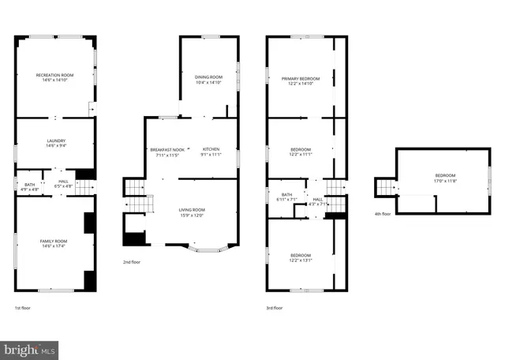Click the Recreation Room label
point(54,75)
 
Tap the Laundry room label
point(54,141)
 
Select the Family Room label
point(54,240)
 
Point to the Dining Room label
point(208,77)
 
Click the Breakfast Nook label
point(166,149)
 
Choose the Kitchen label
point(211,149)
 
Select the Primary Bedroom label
point(301,79)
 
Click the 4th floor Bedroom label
point(445,175)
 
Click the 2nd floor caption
point(131,262)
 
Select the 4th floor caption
point(382,213)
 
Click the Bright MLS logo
point(30,347)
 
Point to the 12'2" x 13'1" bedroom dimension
point(300,260)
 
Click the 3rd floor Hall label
point(318,199)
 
